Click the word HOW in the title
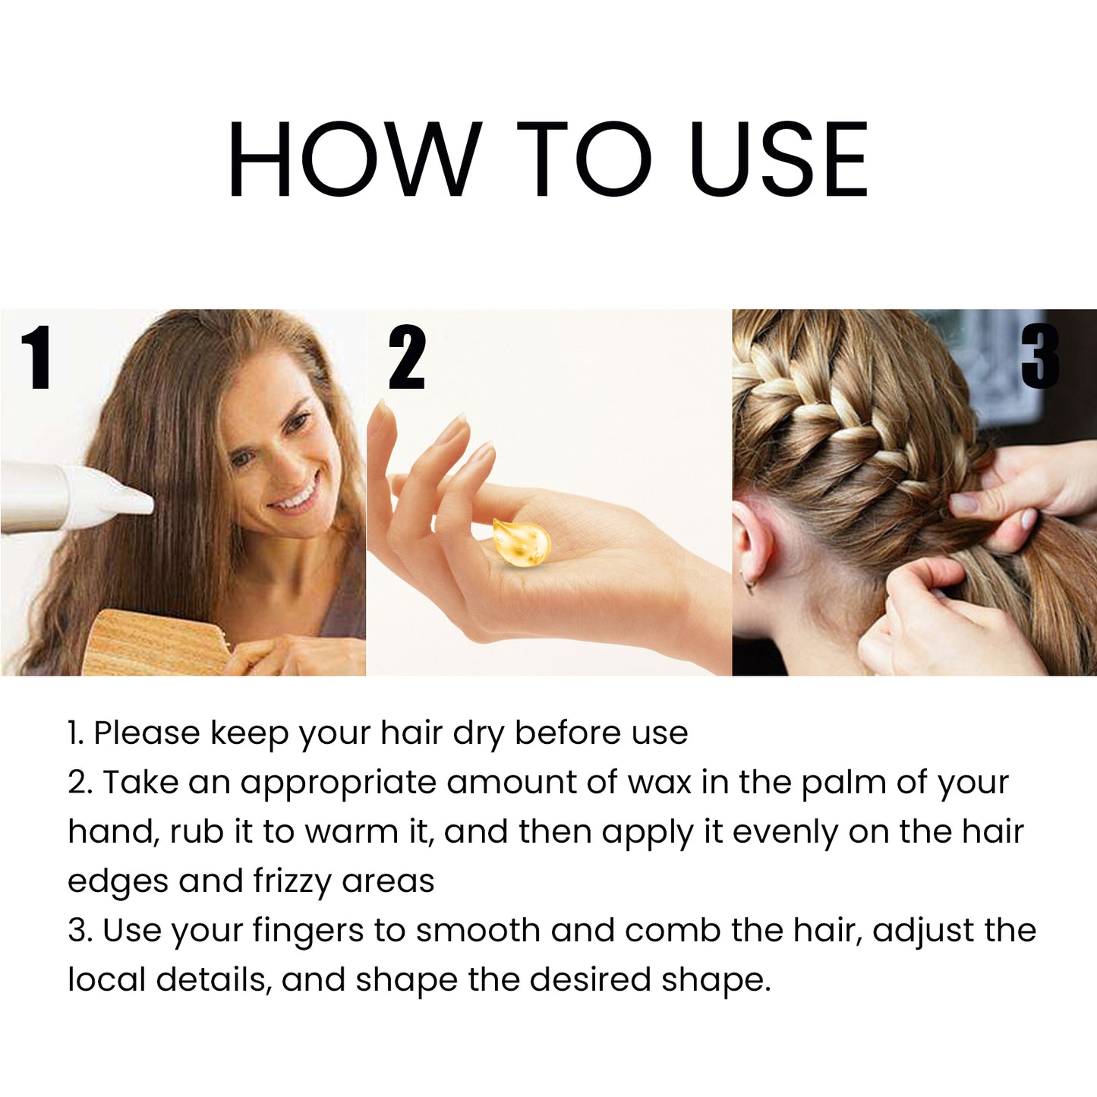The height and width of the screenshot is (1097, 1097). pyautogui.click(x=354, y=159)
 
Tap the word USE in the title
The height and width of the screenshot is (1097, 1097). pyautogui.click(x=778, y=159)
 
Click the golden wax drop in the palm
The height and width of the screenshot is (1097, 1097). pyautogui.click(x=522, y=541)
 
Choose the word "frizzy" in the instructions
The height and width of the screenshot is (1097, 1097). pyautogui.click(x=292, y=882)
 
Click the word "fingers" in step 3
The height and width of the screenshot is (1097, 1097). pyautogui.click(x=307, y=932)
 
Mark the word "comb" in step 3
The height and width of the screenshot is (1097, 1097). pyautogui.click(x=673, y=931)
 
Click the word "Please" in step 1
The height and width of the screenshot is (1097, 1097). pyautogui.click(x=147, y=733)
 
